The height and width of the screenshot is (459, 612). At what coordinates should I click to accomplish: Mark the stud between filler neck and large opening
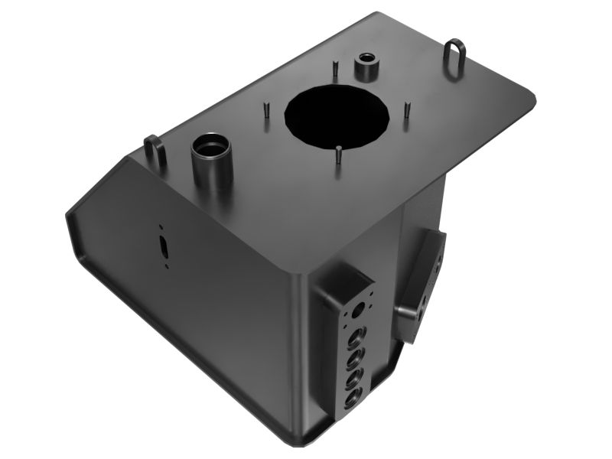(265, 108)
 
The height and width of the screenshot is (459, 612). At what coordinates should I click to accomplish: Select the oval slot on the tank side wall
(164, 246)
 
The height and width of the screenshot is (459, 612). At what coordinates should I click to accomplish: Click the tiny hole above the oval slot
(161, 227)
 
